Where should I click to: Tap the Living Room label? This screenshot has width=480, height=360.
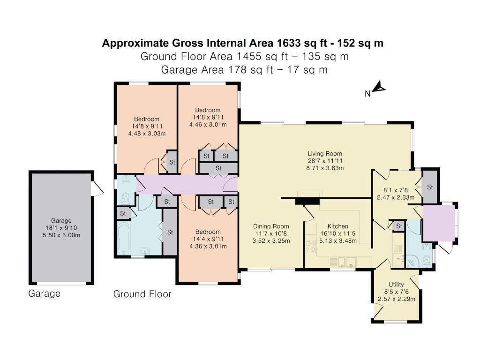(325, 154)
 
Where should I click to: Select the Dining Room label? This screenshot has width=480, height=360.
(271, 226)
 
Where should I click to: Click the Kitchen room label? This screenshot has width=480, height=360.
(338, 226)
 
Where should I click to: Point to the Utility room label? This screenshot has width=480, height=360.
(396, 285)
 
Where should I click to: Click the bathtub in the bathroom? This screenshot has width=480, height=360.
(124, 238)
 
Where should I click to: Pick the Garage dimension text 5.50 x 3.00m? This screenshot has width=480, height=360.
(61, 235)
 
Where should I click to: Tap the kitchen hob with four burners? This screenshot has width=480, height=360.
(310, 247)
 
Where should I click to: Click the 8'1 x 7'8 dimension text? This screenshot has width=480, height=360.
(396, 190)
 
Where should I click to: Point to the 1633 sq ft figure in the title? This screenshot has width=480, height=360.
(289, 43)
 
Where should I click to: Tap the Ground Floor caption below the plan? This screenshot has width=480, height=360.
(142, 294)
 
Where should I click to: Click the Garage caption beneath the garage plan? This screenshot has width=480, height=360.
(45, 293)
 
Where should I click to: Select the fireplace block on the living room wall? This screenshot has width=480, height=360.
(307, 201)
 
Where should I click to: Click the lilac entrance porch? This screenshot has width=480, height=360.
(439, 223)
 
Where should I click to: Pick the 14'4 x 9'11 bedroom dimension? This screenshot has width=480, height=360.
(208, 239)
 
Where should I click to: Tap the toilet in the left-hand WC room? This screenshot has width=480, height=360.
(126, 198)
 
